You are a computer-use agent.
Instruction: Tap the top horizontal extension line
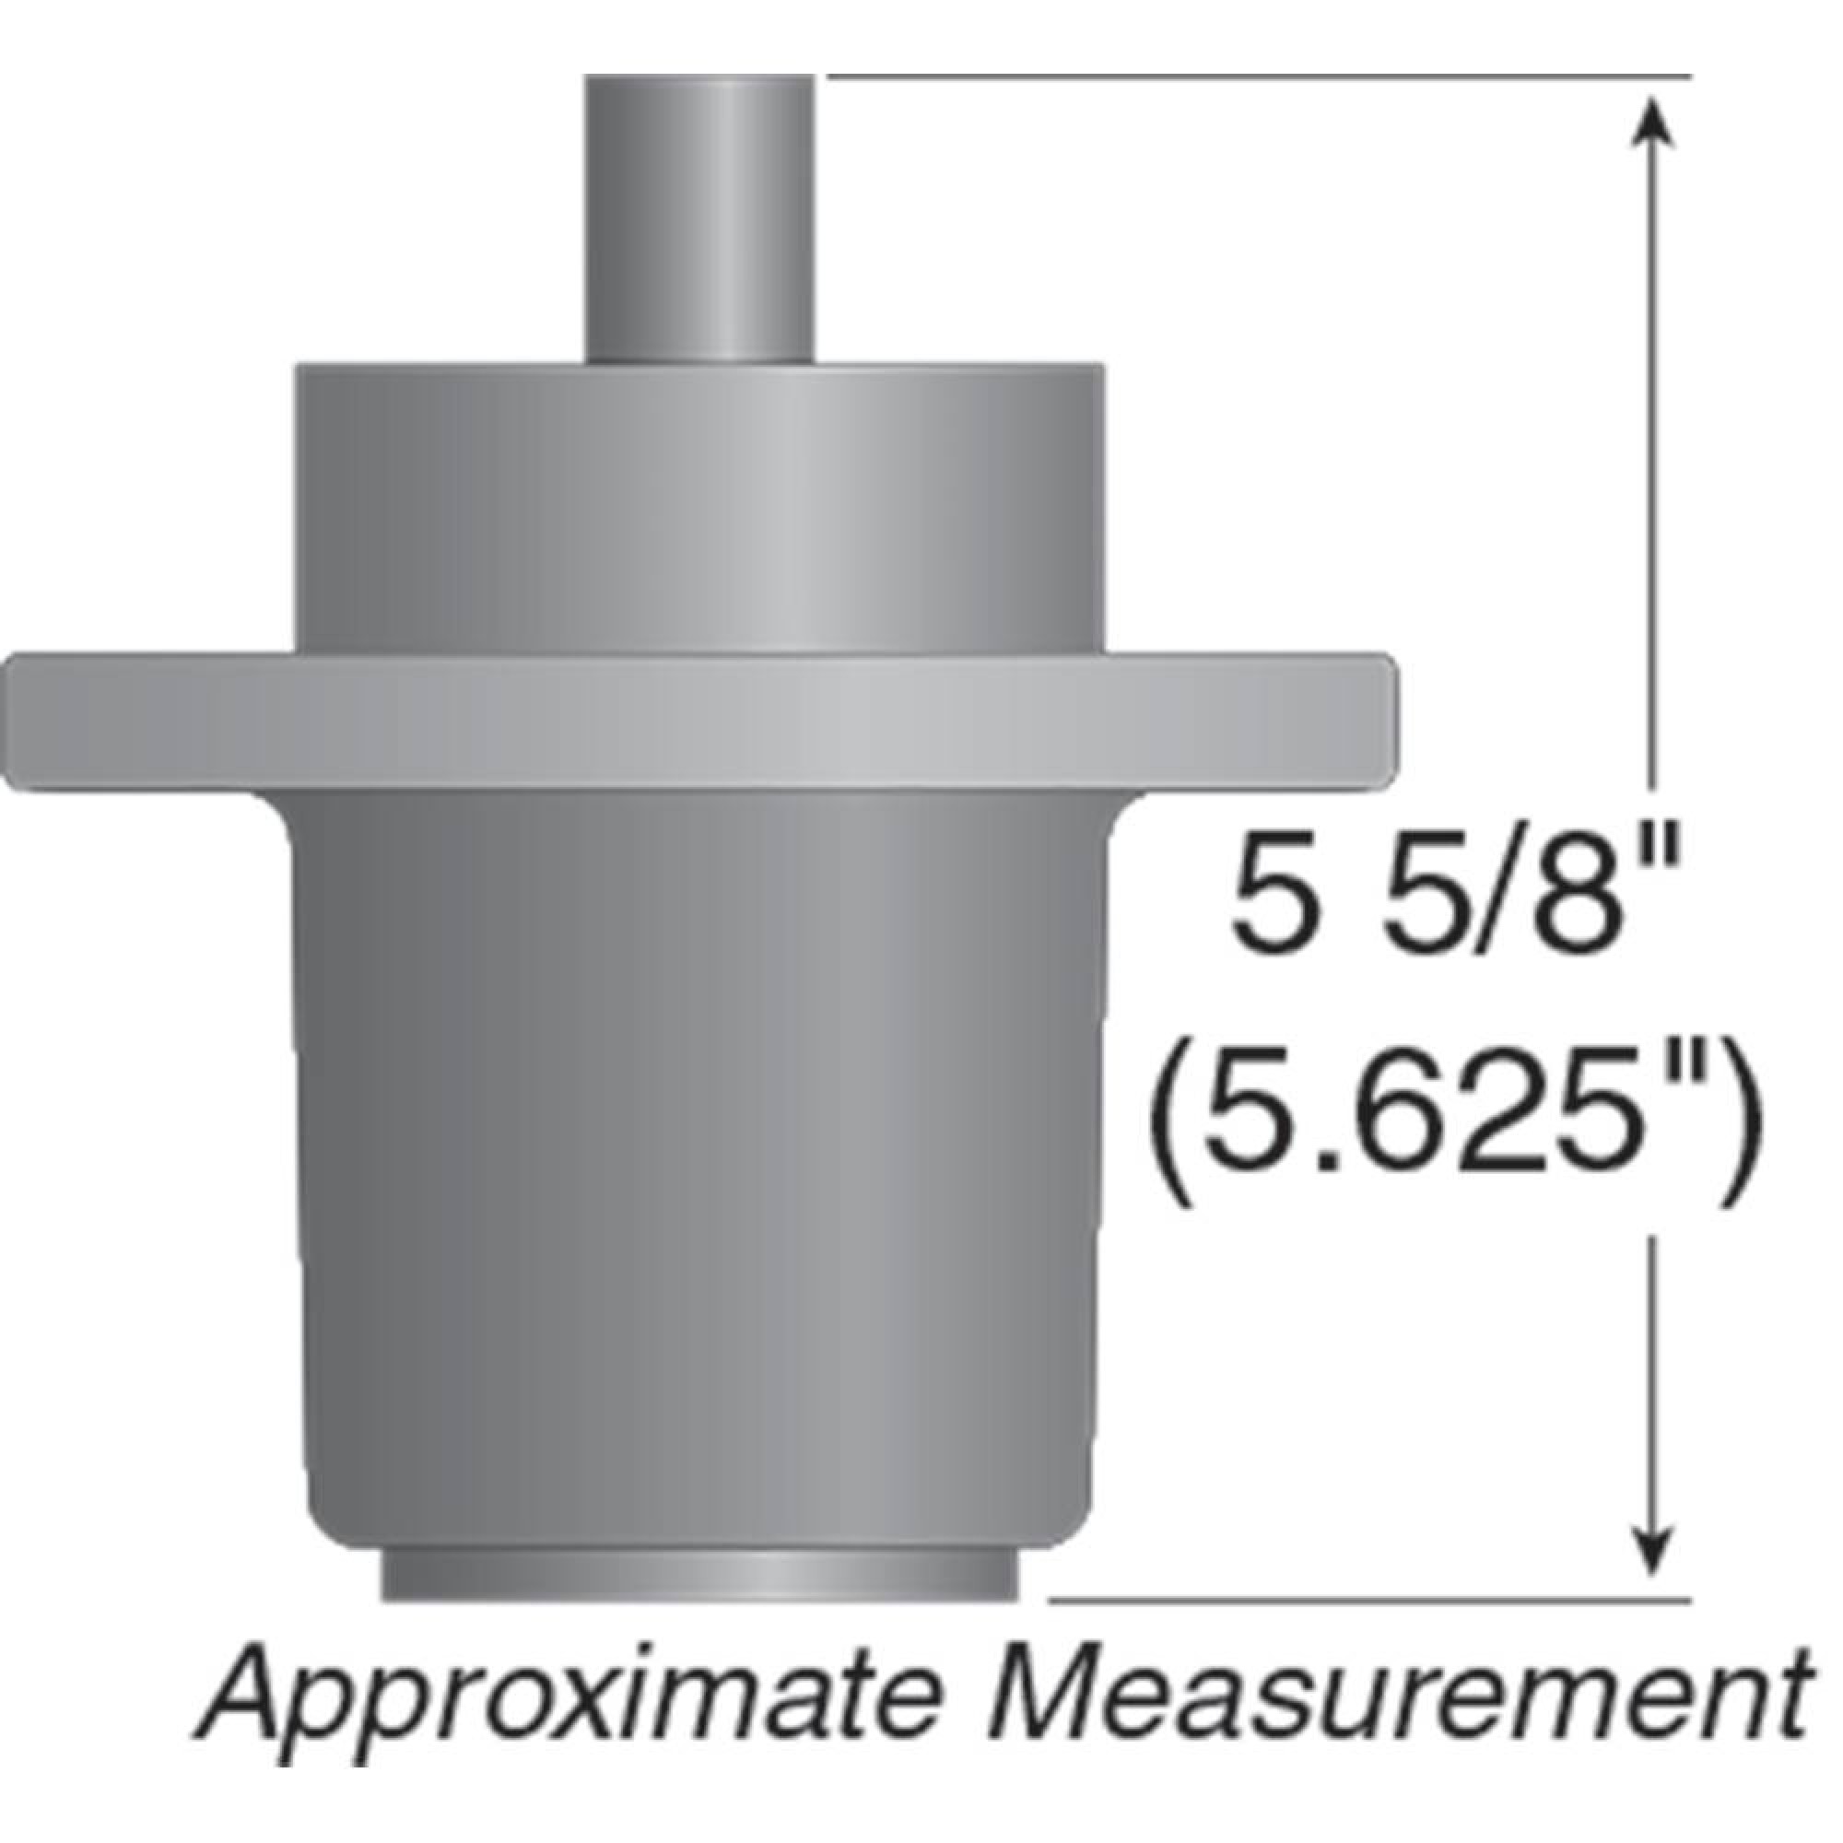click(x=1259, y=76)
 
